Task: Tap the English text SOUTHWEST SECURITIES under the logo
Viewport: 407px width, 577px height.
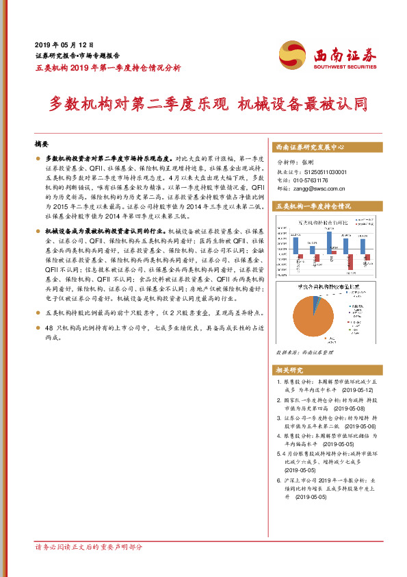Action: click(x=345, y=67)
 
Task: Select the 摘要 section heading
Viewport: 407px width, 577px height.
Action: click(x=42, y=145)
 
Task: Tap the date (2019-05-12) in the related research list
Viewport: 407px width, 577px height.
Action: click(x=349, y=389)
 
